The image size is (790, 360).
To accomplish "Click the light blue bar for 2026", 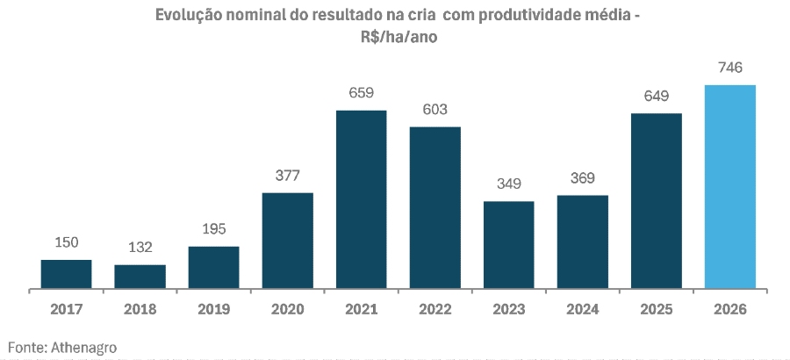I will [x=729, y=186].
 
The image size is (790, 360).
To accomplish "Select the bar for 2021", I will [x=361, y=199].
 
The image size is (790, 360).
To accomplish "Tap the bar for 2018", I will [x=140, y=277].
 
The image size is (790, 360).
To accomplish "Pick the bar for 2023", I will [x=508, y=245].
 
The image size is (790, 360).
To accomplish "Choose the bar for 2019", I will [x=213, y=267].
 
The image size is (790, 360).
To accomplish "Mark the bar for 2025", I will [x=656, y=201].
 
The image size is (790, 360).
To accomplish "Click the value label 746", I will [x=729, y=68].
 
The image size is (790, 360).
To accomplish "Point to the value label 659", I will [x=361, y=93].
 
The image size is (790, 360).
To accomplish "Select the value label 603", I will [x=434, y=110].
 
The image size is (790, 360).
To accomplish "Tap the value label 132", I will [x=140, y=248].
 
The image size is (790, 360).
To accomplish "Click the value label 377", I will [x=287, y=176].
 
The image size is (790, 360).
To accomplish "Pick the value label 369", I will [x=582, y=178].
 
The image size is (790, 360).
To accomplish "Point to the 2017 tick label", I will [x=66, y=309].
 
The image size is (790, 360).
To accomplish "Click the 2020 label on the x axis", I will [x=287, y=309].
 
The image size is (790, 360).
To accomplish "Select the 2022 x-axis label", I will [x=434, y=309].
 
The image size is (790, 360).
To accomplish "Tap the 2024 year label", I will [x=582, y=309].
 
